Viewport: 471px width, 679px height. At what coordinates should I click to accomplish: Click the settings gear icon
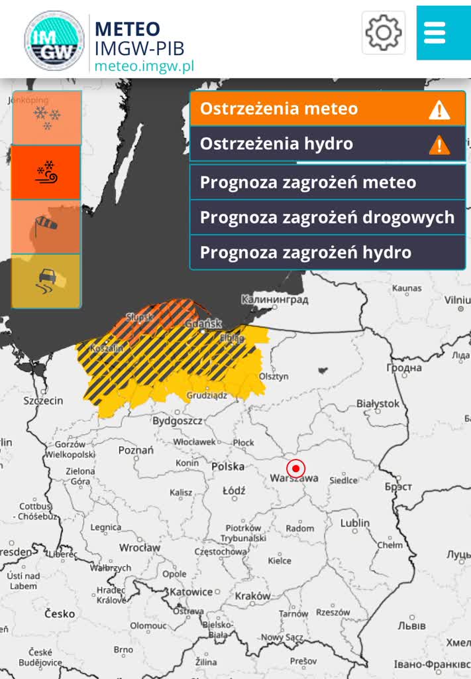pos(384,32)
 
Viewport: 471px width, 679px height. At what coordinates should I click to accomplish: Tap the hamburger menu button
pos(435,32)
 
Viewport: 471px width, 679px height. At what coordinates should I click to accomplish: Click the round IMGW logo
pos(54,40)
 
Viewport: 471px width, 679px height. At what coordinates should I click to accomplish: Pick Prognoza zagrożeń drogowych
pos(327,217)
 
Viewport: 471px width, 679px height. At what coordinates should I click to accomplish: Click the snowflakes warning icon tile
pos(46,118)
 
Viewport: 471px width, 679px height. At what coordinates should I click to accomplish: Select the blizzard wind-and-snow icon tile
pos(46,172)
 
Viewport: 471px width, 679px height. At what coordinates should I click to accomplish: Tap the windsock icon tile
pos(46,227)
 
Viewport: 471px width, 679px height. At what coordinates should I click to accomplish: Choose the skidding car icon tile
pos(46,281)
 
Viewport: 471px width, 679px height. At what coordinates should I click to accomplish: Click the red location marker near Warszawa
pos(295,468)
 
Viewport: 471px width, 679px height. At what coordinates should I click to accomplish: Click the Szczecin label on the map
pos(43,401)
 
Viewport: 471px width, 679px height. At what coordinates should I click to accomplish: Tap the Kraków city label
pos(252,596)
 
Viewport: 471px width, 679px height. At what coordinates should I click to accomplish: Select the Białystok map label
pos(378,403)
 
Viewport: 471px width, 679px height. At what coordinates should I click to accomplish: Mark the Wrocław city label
pos(140,548)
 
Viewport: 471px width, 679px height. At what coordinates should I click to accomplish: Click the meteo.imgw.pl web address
pos(144,66)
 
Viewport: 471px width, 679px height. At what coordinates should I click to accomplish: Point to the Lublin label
pos(354,523)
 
